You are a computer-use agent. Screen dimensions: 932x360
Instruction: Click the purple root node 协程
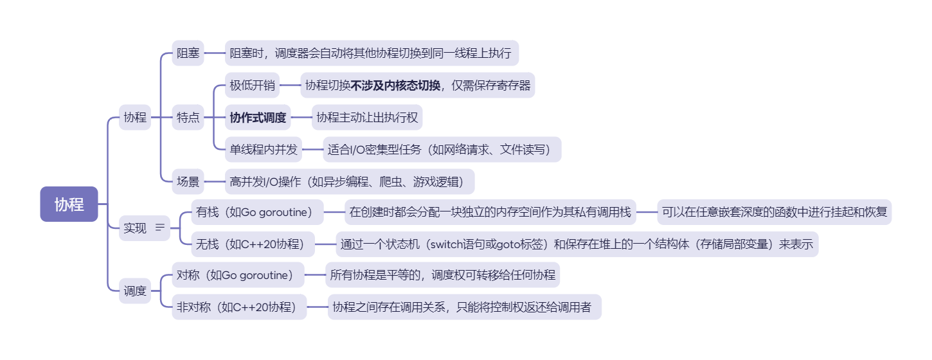(x=69, y=204)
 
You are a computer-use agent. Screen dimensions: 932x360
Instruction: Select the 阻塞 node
(x=188, y=53)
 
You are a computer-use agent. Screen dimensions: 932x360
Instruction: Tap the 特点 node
(x=188, y=118)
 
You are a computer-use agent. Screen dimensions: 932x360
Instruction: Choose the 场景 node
(x=188, y=182)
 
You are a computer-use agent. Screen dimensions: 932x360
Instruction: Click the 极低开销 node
(x=252, y=85)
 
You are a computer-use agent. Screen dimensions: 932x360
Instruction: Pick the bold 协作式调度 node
(x=258, y=118)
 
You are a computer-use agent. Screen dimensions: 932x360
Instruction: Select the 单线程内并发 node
(x=264, y=150)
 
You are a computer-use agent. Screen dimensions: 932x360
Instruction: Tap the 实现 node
(x=135, y=228)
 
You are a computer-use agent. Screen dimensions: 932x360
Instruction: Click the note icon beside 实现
(x=160, y=228)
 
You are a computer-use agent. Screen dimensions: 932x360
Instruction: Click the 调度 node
(x=135, y=291)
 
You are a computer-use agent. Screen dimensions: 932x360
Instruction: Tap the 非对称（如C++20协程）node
(x=237, y=307)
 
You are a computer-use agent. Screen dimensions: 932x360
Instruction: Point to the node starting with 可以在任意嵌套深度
(x=775, y=212)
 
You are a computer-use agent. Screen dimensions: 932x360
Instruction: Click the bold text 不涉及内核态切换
(x=395, y=85)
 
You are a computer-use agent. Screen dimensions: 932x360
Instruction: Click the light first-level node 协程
(x=135, y=118)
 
